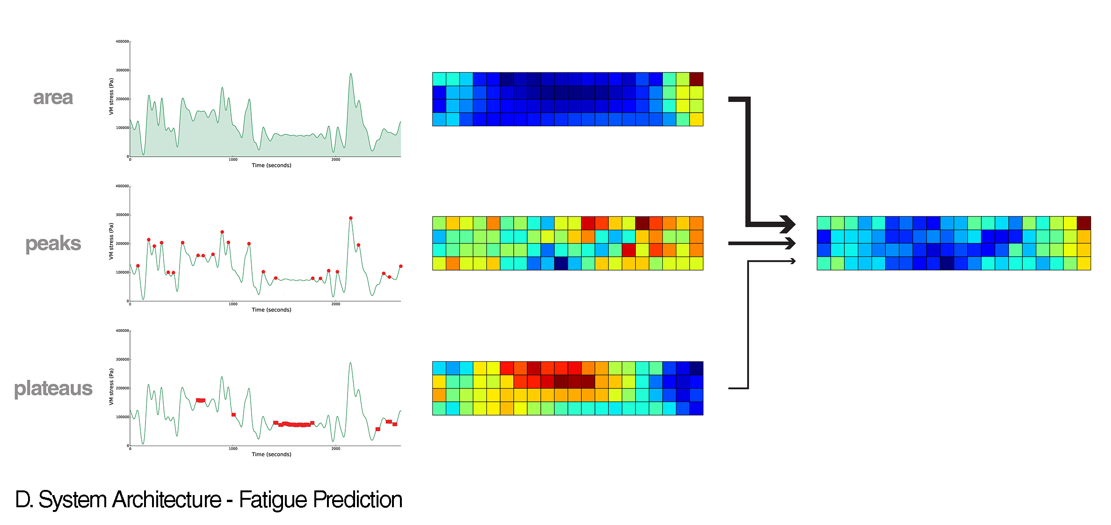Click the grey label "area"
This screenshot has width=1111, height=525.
click(53, 98)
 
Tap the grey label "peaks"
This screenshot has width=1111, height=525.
click(53, 244)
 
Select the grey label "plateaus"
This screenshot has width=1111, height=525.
click(53, 388)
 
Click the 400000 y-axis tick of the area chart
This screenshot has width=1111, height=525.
click(122, 42)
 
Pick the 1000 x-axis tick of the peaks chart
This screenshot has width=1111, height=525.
click(233, 304)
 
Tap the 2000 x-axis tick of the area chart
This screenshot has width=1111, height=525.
click(336, 160)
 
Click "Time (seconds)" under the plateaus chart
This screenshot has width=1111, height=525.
click(271, 454)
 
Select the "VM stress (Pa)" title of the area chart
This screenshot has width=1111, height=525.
click(111, 96)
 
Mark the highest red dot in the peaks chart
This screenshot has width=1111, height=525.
click(351, 218)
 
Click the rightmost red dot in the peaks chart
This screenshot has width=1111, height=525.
click(400, 266)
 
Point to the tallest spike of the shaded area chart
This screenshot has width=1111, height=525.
click(351, 74)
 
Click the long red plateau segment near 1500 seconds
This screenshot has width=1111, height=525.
click(295, 424)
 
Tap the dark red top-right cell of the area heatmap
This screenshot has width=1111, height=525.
click(697, 79)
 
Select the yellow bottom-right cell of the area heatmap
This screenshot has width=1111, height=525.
click(697, 120)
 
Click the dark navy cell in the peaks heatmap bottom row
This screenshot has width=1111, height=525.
click(561, 264)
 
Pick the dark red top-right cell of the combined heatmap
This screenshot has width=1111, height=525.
click(1084, 223)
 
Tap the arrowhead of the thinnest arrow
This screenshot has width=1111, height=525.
click(793, 261)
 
